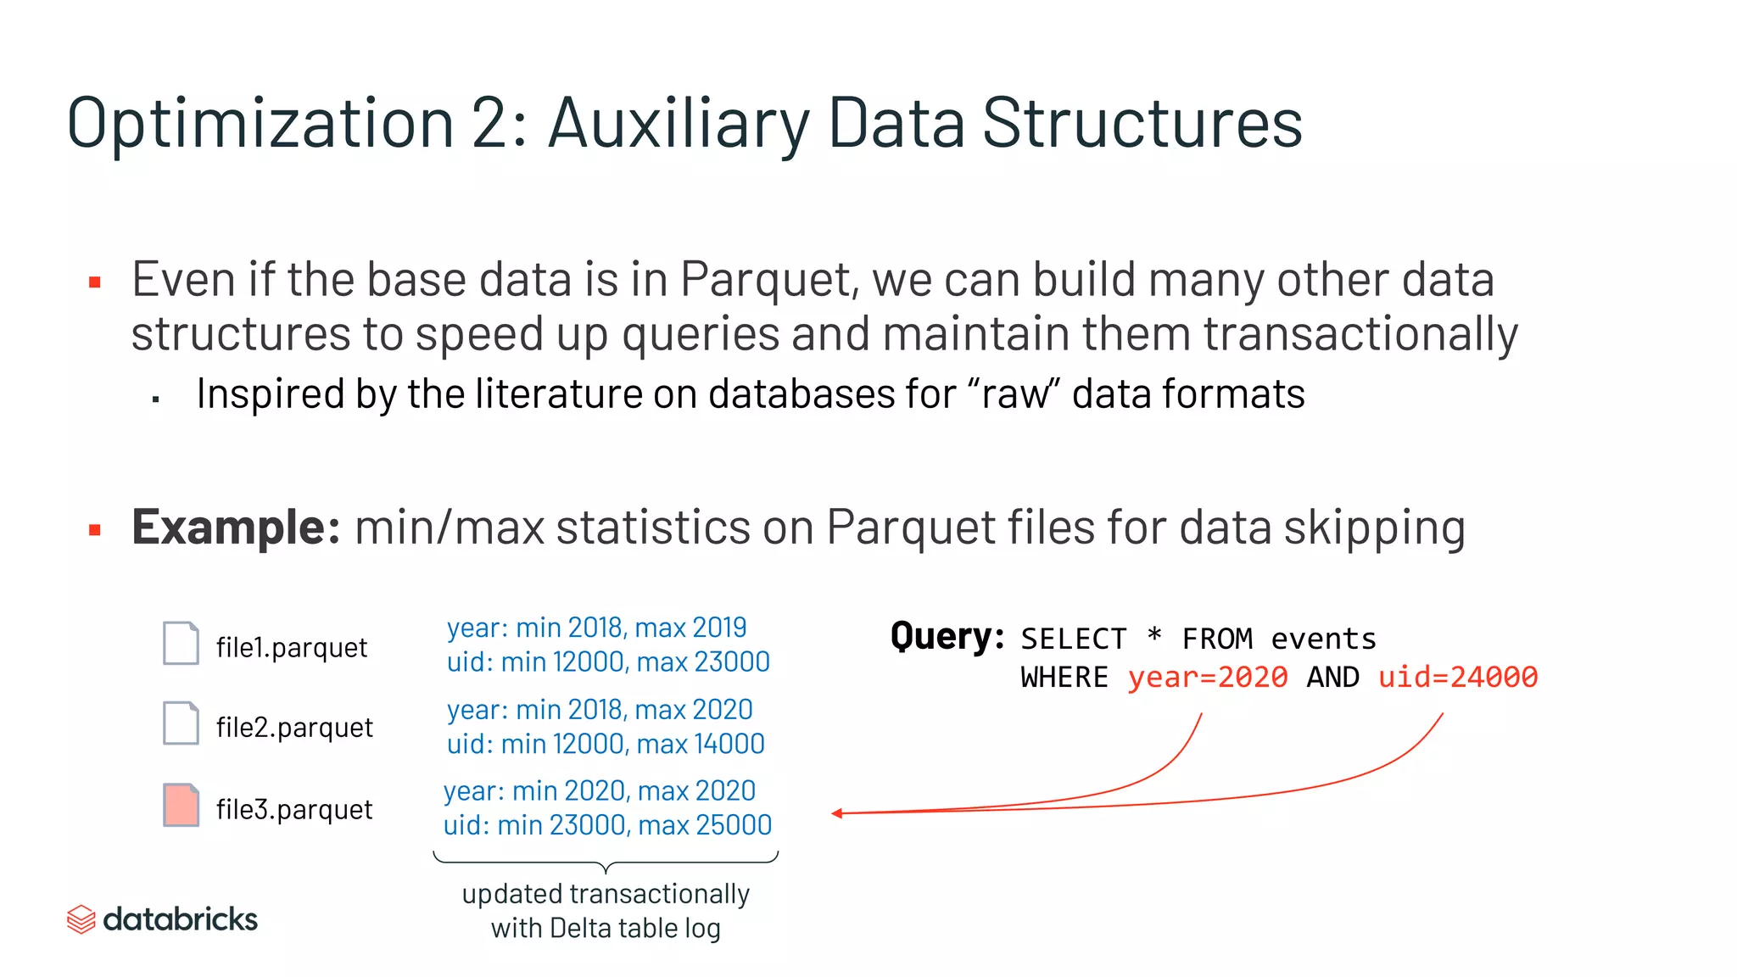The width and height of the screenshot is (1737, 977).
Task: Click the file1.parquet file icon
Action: [x=181, y=643]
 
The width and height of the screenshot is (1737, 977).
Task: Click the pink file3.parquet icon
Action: [x=181, y=805]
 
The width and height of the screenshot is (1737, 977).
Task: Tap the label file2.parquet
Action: [x=294, y=728]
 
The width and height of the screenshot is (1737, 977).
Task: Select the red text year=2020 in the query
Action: [x=1207, y=678]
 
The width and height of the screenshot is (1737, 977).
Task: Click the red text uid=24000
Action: [x=1457, y=678]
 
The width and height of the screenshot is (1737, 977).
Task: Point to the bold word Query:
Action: [x=947, y=636]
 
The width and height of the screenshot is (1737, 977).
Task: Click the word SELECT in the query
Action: [x=1074, y=639]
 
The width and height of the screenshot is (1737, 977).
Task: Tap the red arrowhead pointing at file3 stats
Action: [x=837, y=813]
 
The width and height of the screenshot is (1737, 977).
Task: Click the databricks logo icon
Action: [x=81, y=919]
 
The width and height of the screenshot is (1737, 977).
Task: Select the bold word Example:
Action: [x=236, y=528]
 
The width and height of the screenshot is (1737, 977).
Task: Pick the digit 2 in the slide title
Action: [x=489, y=124]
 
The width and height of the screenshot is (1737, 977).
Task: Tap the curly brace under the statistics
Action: [x=606, y=863]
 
